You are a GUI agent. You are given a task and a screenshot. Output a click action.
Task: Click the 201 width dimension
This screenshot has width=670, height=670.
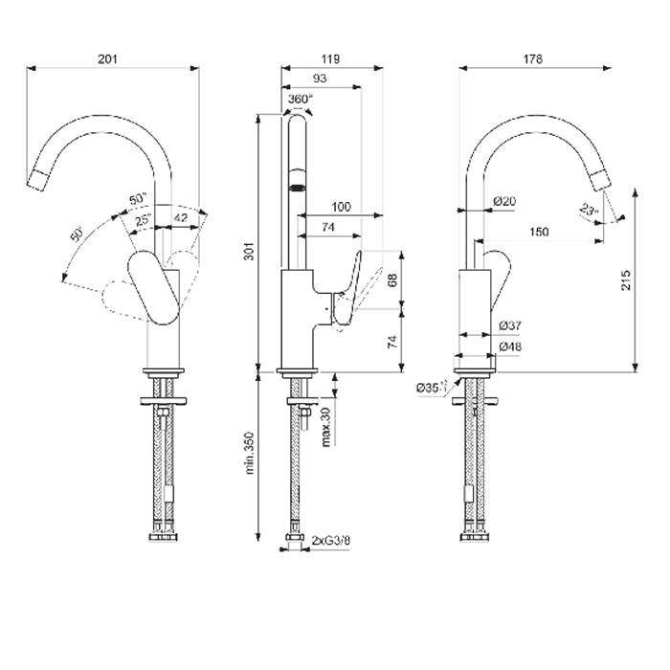107,59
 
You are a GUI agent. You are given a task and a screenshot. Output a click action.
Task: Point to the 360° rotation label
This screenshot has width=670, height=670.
300,99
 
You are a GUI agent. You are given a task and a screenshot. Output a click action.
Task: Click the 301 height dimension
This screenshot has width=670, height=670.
249,253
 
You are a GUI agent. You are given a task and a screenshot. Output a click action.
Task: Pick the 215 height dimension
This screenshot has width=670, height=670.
626,279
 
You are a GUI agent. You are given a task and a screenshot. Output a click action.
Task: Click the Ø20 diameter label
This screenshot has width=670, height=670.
504,201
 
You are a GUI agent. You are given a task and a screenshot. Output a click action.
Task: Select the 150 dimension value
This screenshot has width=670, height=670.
540,231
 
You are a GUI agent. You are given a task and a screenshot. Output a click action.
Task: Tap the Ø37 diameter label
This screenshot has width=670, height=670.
509,325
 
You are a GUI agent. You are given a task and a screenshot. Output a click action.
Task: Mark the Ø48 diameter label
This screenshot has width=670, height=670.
509,346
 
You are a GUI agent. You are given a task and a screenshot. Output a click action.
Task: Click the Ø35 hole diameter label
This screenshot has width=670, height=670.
428,388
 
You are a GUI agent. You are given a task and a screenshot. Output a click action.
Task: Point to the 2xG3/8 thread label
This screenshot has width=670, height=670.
331,541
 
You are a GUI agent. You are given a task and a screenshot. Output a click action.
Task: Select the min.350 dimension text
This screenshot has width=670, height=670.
249,453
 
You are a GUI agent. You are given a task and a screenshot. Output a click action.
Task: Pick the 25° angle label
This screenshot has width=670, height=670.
143,220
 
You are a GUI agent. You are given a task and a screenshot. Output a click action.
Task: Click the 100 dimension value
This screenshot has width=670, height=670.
340,207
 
